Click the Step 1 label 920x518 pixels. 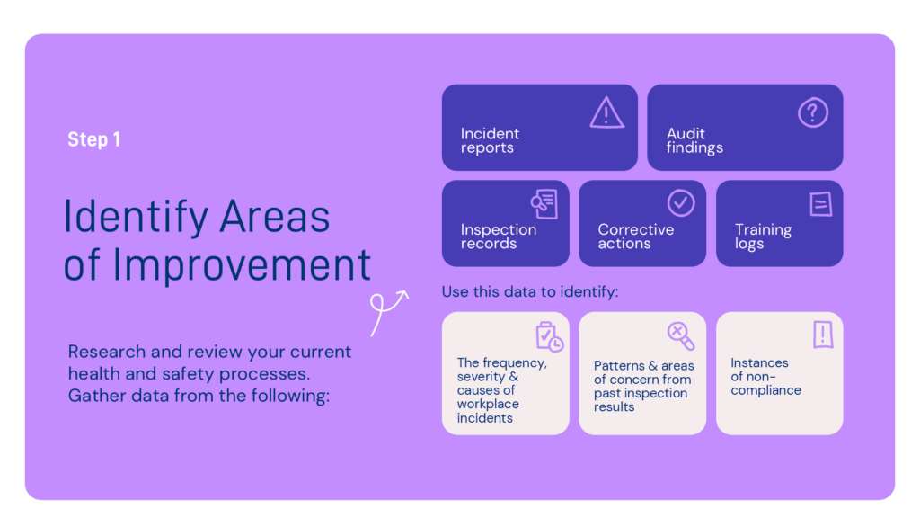click(93, 139)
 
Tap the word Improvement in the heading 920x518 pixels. click(243, 265)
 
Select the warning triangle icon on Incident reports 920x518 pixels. click(606, 113)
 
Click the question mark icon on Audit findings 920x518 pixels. click(812, 113)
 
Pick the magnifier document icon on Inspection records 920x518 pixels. click(544, 203)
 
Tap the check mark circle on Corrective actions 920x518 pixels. click(681, 203)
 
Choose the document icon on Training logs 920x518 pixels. click(819, 204)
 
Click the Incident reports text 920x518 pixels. click(490, 140)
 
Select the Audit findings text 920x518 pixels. click(694, 140)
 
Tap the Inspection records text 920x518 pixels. click(498, 237)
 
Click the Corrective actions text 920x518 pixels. click(635, 237)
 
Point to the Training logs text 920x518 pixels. click(763, 237)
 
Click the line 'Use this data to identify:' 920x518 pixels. click(531, 292)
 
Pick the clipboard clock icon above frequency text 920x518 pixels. click(548, 336)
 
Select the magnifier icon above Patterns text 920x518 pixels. click(680, 336)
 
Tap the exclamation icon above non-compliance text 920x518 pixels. click(822, 335)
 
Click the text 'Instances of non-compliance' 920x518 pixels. click(765, 377)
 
